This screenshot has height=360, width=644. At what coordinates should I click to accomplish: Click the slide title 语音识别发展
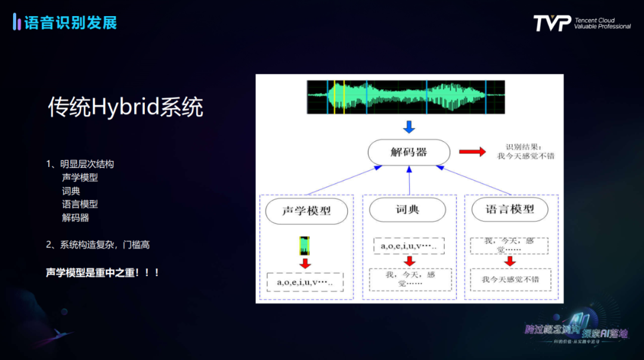[x=70, y=23]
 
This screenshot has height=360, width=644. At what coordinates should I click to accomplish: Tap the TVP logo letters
[x=552, y=23]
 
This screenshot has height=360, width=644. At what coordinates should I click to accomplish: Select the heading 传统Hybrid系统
[x=126, y=107]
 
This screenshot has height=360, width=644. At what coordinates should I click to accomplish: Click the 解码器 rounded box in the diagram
[x=408, y=152]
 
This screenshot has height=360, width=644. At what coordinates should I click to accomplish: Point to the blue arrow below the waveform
[x=408, y=126]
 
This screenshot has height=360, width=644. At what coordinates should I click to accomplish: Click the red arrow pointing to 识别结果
[x=472, y=152]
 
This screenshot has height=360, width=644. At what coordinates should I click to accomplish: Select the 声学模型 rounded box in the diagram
[x=306, y=211]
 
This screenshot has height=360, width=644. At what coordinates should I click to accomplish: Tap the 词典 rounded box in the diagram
[x=408, y=210]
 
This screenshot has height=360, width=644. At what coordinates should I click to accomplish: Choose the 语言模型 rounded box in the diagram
[x=510, y=209]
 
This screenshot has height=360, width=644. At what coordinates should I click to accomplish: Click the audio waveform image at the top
[x=405, y=97]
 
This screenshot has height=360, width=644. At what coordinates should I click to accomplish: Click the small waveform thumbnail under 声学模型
[x=305, y=246]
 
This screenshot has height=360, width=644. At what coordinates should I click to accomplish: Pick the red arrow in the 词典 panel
[x=409, y=261]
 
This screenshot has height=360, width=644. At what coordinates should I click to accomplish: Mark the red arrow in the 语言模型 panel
[x=510, y=261]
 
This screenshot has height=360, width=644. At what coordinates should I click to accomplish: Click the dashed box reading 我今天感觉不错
[x=510, y=280]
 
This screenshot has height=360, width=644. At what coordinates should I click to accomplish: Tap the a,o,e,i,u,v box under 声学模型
[x=305, y=282]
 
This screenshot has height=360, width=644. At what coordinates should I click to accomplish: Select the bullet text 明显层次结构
[x=86, y=164]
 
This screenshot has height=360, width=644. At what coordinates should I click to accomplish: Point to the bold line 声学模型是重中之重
[x=103, y=272]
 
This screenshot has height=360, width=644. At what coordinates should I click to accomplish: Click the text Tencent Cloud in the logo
[x=595, y=20]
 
